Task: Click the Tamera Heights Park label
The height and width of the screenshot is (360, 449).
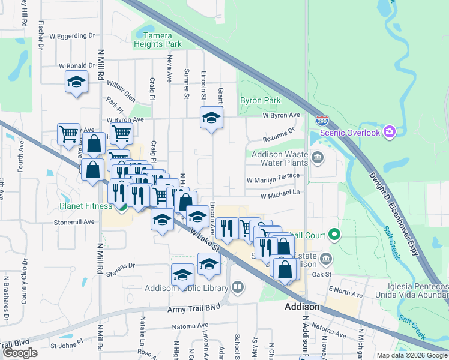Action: tap(157, 40)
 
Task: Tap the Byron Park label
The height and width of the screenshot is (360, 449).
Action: tap(261, 100)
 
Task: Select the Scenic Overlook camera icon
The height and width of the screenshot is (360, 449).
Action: tap(390, 131)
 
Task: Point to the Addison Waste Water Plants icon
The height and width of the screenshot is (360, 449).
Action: tap(318, 158)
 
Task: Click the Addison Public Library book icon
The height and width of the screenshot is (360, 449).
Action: tap(238, 287)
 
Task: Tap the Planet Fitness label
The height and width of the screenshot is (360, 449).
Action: tap(86, 206)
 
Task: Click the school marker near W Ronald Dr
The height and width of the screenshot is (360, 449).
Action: tap(76, 81)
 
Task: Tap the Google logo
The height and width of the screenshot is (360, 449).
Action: tap(20, 352)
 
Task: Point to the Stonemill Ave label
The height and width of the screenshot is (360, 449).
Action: tap(74, 221)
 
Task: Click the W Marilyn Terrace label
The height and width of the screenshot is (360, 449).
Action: tap(273, 179)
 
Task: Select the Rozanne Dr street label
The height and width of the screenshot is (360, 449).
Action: tap(279, 134)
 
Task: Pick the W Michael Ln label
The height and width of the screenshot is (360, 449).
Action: tap(280, 195)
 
